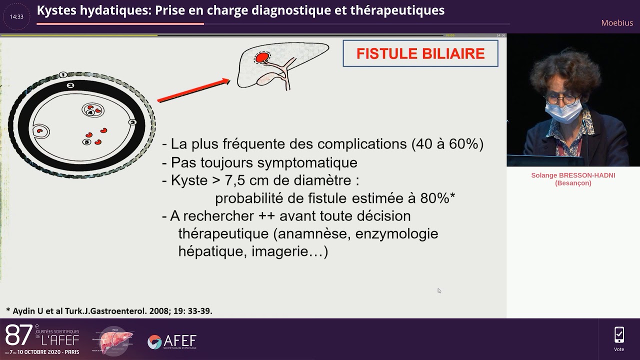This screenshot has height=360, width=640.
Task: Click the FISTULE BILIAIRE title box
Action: (x=420, y=53)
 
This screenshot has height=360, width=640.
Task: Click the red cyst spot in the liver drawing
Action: (x=261, y=58)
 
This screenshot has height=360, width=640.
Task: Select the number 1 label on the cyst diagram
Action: (x=63, y=75)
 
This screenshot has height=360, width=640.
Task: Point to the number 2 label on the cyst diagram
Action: (x=70, y=85)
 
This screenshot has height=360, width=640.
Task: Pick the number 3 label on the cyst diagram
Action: (x=132, y=122)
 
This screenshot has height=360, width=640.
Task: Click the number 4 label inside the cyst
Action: (x=90, y=112)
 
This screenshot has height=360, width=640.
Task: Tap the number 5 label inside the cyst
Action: (x=86, y=142)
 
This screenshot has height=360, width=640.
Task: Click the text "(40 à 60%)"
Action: (x=447, y=144)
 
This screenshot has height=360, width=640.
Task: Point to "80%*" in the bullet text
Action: (x=437, y=198)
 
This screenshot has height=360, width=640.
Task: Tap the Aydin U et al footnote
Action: (x=109, y=310)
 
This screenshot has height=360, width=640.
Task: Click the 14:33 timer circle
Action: (x=16, y=16)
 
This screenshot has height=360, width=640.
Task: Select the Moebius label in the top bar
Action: (x=617, y=23)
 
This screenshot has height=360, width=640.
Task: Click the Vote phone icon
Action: (x=619, y=334)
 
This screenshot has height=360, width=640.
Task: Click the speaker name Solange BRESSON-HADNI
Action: (x=573, y=175)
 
